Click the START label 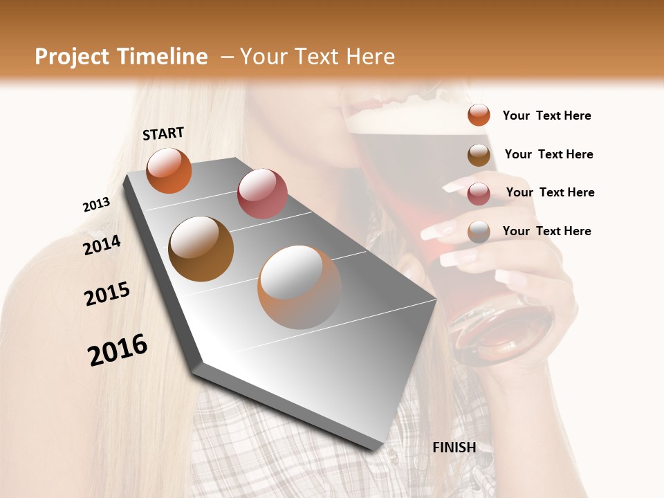point(163,133)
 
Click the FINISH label point(454,448)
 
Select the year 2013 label point(96,205)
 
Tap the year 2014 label point(102,246)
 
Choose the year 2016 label point(118,350)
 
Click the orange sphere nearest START point(169,170)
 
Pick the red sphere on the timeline point(262,193)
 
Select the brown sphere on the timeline point(201,249)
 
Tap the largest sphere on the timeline point(299,287)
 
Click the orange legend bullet point(479,116)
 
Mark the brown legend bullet point(479,154)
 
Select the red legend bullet point(479,193)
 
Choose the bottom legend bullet point(479,232)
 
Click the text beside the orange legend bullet point(546,116)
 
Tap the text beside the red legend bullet point(550,192)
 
